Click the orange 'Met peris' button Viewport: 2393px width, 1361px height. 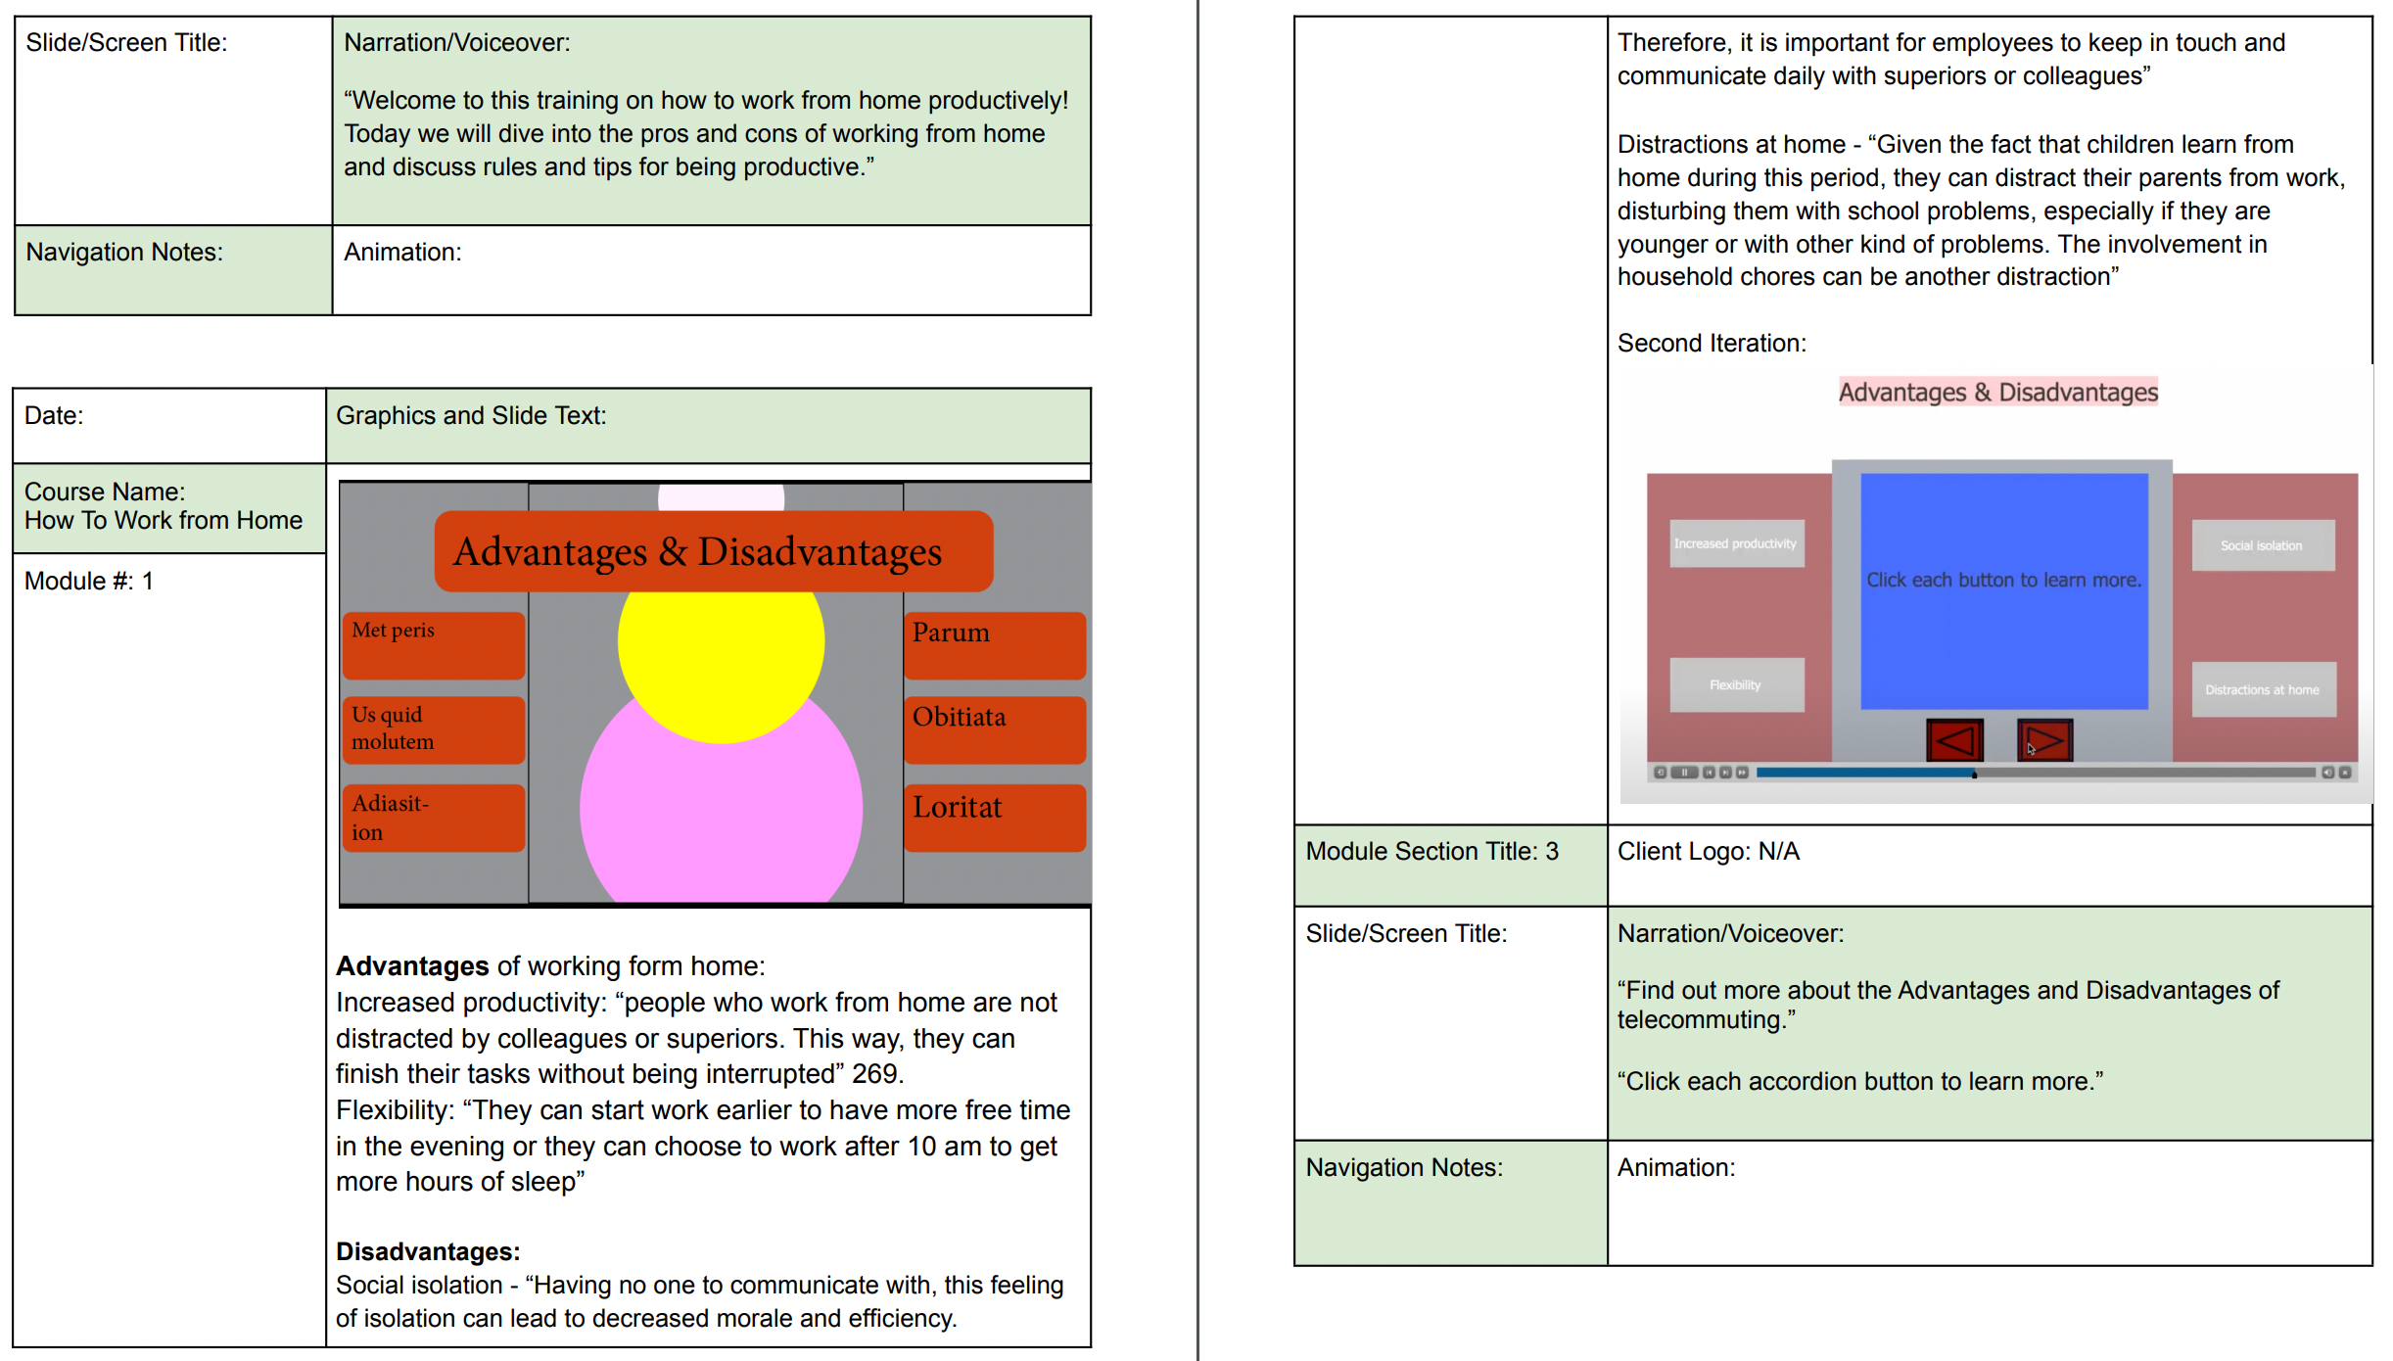[x=434, y=644]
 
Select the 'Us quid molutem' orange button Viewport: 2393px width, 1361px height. [x=434, y=729]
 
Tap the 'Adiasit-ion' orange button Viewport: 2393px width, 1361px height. [x=434, y=818]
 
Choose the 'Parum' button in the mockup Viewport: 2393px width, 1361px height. [x=995, y=644]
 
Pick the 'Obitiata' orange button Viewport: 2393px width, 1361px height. [x=995, y=729]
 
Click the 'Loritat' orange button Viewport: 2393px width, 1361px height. [x=995, y=818]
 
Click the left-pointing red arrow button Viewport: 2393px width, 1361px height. [x=1954, y=740]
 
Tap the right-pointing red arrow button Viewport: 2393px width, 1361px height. [x=2044, y=740]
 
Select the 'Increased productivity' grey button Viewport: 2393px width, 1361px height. [x=1736, y=543]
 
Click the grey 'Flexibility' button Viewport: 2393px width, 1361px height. [x=1736, y=684]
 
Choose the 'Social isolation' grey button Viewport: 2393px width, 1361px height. [x=2263, y=545]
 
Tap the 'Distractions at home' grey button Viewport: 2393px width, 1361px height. [x=2263, y=689]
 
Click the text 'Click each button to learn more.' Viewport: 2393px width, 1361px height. [x=2003, y=580]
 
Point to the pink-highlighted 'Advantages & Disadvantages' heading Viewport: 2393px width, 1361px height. [x=1998, y=392]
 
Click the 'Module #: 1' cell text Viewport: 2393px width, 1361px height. [x=89, y=581]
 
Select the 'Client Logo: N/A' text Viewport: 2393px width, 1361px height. [x=1709, y=851]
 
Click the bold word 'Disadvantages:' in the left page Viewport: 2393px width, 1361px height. [x=428, y=1251]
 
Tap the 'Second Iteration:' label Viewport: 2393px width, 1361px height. [x=1712, y=343]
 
